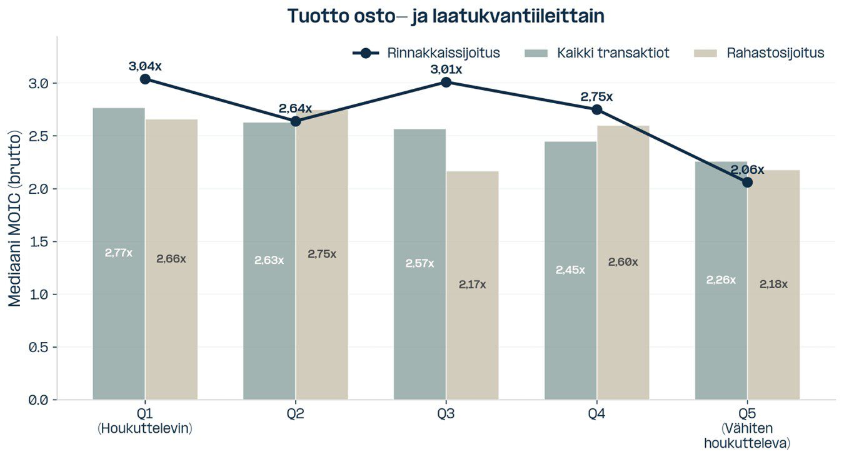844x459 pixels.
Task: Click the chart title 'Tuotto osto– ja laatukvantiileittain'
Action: click(x=445, y=16)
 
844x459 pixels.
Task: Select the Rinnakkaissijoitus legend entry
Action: click(x=426, y=53)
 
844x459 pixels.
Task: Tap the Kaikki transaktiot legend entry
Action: click(x=597, y=53)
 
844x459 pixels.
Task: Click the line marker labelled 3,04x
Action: click(x=145, y=79)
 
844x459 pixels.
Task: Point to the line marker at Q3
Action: click(x=446, y=82)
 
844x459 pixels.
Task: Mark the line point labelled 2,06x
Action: click(x=747, y=182)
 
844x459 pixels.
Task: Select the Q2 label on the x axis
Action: click(x=296, y=414)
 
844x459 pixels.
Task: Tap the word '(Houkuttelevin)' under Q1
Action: click(x=145, y=429)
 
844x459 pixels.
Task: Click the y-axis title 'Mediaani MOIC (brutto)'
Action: click(x=15, y=218)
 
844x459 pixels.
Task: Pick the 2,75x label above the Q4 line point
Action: click(x=596, y=97)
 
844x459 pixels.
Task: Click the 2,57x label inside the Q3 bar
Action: click(x=419, y=263)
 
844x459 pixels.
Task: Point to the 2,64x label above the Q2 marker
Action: click(x=295, y=108)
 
